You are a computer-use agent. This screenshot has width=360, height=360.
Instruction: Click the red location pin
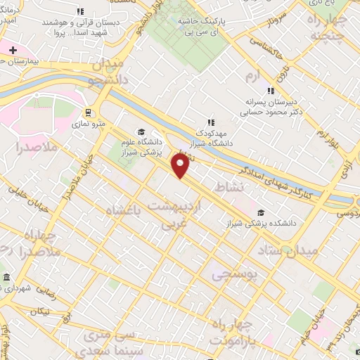coord(180,166)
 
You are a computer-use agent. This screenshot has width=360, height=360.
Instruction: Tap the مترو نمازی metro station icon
coord(87,112)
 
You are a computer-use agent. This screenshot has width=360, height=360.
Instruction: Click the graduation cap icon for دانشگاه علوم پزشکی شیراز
coord(141,131)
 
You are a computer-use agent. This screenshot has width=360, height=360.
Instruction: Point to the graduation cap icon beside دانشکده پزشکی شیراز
coord(261,212)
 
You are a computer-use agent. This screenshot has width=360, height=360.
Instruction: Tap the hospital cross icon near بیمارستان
coord(13,50)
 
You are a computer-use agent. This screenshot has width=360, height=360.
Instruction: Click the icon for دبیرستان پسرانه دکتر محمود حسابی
coord(270,90)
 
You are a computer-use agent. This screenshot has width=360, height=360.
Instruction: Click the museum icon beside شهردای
coord(6,277)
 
